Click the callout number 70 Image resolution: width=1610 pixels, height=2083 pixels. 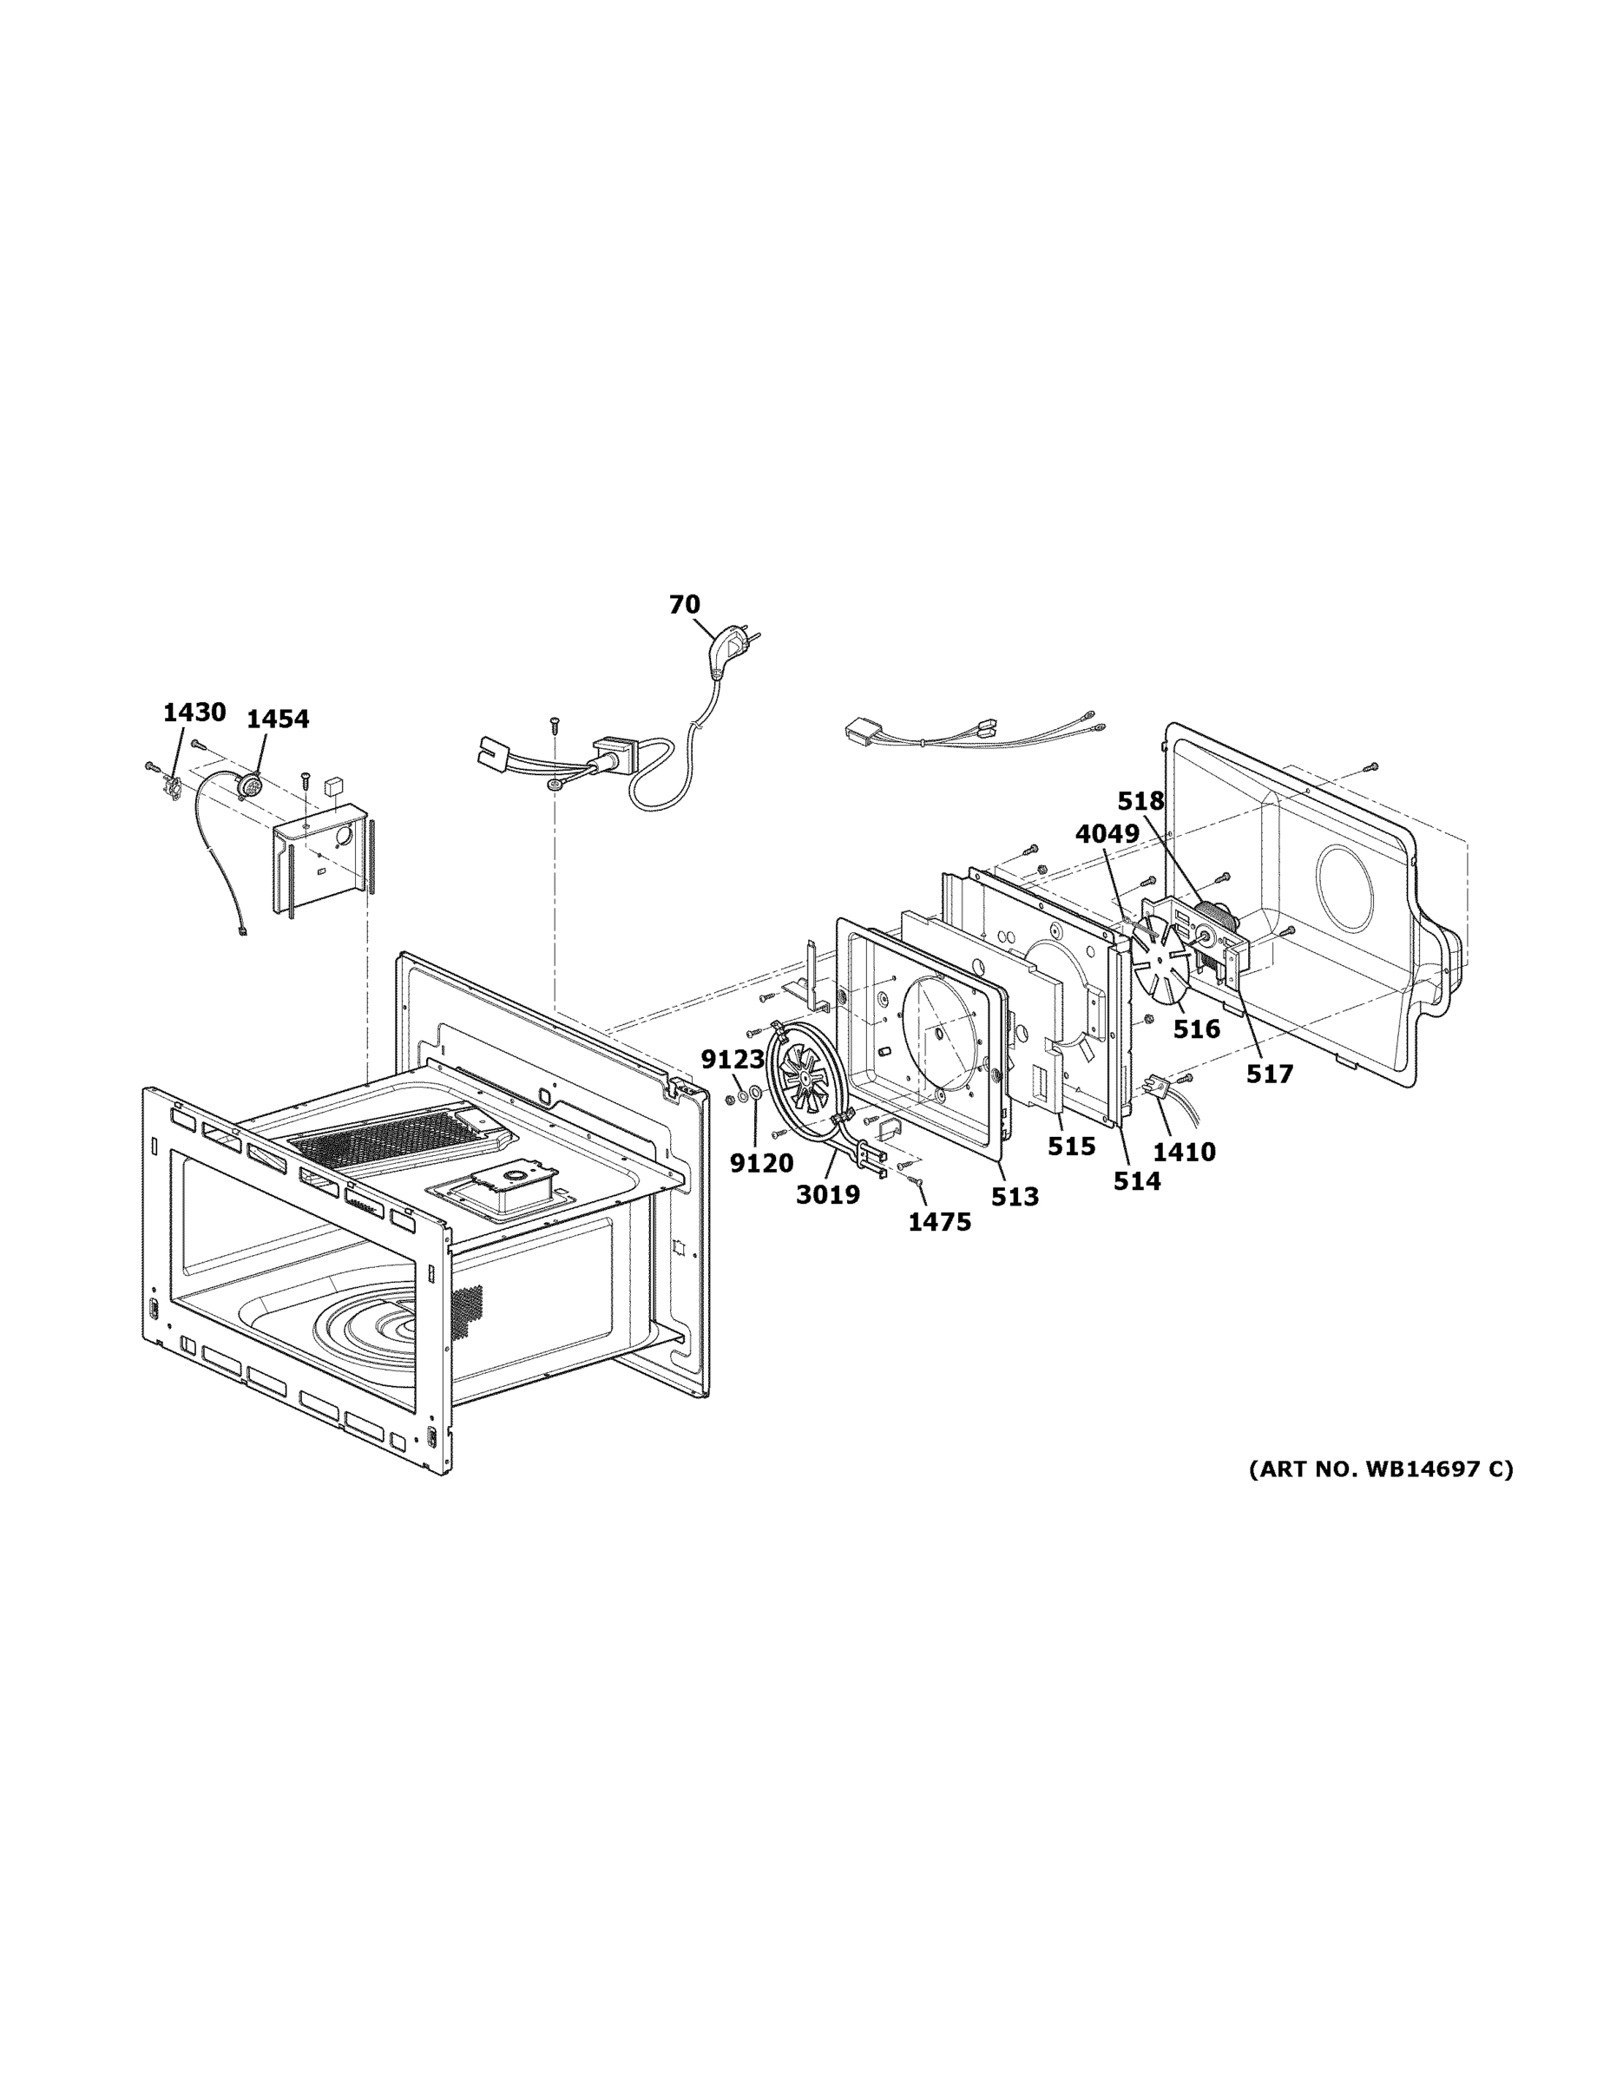point(684,605)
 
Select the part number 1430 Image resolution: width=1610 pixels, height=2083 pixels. point(194,713)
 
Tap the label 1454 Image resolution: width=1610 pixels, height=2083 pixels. point(278,720)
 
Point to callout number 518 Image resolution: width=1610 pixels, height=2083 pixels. point(1140,801)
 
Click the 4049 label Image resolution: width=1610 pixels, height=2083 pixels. point(1107,833)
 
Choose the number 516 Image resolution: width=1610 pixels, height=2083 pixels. point(1196,1029)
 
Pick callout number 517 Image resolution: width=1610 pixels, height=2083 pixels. point(1270,1074)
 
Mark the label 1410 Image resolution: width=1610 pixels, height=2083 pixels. point(1184,1152)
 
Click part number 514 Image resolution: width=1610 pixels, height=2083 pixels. point(1137,1180)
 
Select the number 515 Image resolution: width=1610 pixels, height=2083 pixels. point(1071,1147)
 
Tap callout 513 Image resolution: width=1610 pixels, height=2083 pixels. point(1014,1197)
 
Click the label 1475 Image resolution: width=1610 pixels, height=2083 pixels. point(938,1222)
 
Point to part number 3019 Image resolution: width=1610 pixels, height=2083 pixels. point(828,1194)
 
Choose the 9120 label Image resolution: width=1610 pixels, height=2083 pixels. point(761,1163)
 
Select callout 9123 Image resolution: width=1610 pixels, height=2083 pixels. point(733,1060)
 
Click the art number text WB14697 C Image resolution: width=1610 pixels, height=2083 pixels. point(1380,1469)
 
